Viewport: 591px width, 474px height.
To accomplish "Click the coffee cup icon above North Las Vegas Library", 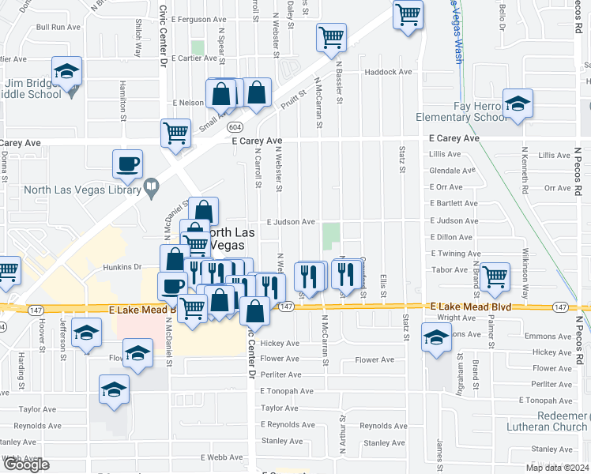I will (x=127, y=164).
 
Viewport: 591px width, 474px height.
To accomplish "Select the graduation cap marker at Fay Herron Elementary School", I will (x=518, y=103).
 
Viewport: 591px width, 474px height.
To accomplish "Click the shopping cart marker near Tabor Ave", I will (x=495, y=276).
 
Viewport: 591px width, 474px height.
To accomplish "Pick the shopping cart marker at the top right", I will (x=408, y=14).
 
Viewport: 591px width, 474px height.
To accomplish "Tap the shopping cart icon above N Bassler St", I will (x=331, y=37).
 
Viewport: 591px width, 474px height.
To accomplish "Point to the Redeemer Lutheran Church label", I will (x=548, y=421).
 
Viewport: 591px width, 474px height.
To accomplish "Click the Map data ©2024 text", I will (x=557, y=468).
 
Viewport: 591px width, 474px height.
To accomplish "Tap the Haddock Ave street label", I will (x=389, y=72).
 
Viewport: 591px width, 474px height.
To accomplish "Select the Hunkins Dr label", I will (x=122, y=268).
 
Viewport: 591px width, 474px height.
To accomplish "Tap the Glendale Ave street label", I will (x=452, y=170).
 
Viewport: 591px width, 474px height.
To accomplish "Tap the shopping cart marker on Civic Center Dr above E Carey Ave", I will (x=175, y=133).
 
